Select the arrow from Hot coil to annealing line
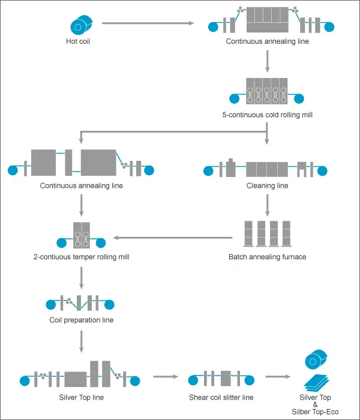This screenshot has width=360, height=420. click(148, 24)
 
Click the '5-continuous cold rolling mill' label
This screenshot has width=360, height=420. click(266, 114)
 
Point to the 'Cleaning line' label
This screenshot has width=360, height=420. click(267, 186)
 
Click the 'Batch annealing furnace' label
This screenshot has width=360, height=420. click(267, 257)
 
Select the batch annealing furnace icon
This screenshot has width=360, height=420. click(267, 234)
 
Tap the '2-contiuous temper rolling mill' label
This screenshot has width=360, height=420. click(82, 257)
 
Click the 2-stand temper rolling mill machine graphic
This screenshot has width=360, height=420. click(81, 235)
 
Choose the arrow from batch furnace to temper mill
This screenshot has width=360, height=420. click(173, 237)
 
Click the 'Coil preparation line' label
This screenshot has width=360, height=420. click(81, 320)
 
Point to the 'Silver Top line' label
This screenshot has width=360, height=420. click(80, 397)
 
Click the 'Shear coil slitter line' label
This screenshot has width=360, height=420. click(220, 397)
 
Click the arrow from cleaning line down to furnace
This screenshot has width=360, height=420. click(267, 205)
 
